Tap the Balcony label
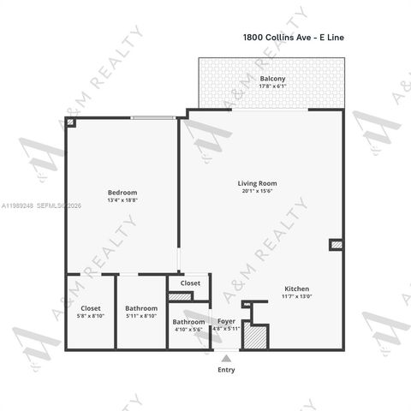(272, 80)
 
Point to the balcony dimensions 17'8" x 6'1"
(272, 86)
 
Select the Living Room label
(257, 183)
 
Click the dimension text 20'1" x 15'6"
(257, 191)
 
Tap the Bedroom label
(122, 193)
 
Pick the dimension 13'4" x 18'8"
(122, 200)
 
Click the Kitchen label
(296, 289)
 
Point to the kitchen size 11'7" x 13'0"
(296, 296)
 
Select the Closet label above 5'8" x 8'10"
(91, 308)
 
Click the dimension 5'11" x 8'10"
(141, 316)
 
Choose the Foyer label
(227, 321)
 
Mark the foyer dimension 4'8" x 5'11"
(227, 329)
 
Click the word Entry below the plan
(226, 370)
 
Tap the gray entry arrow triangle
(226, 356)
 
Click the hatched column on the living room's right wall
(337, 246)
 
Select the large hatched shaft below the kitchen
(255, 336)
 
